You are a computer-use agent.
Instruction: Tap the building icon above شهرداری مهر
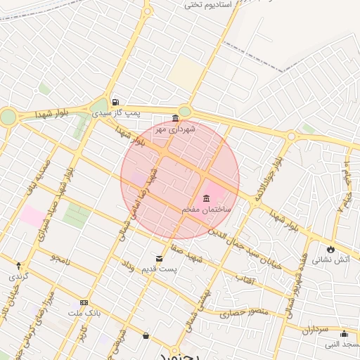(x=175, y=118)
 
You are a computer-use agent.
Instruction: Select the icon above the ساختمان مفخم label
(x=206, y=198)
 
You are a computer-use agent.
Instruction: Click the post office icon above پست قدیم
(x=159, y=258)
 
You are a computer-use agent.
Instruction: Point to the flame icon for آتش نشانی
(x=330, y=249)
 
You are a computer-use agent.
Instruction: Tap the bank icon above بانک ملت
(x=85, y=302)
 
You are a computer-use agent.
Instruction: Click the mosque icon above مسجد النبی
(x=344, y=334)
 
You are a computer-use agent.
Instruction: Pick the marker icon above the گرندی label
(x=19, y=266)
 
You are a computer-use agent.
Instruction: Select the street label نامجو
(x=60, y=259)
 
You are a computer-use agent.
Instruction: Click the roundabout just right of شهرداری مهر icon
(x=185, y=111)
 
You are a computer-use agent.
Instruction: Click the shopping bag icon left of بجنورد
(x=146, y=336)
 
